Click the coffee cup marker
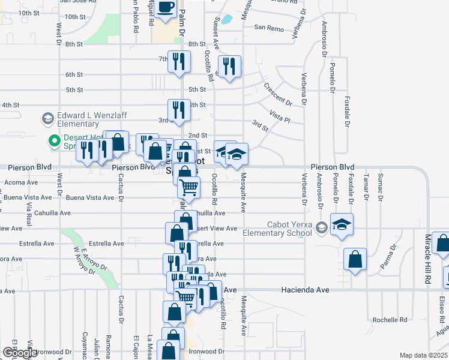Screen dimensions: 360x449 (166, 7)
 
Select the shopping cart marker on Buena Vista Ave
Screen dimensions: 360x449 (189, 188)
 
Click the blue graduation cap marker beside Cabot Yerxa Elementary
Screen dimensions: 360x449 (342, 225)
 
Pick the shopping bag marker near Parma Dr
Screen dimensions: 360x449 (355, 260)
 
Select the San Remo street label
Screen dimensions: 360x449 (268, 28)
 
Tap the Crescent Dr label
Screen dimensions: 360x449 (277, 93)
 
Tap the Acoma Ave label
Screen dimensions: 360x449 (21, 182)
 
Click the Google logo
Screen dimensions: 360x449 (19, 353)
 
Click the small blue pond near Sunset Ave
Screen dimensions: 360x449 (227, 19)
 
